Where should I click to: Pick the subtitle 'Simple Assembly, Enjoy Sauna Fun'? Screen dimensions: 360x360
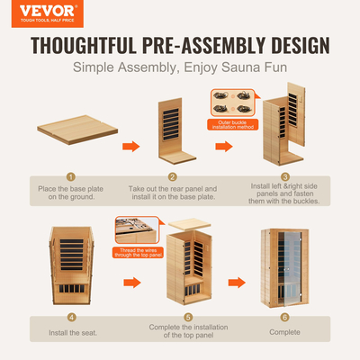(180, 68)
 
